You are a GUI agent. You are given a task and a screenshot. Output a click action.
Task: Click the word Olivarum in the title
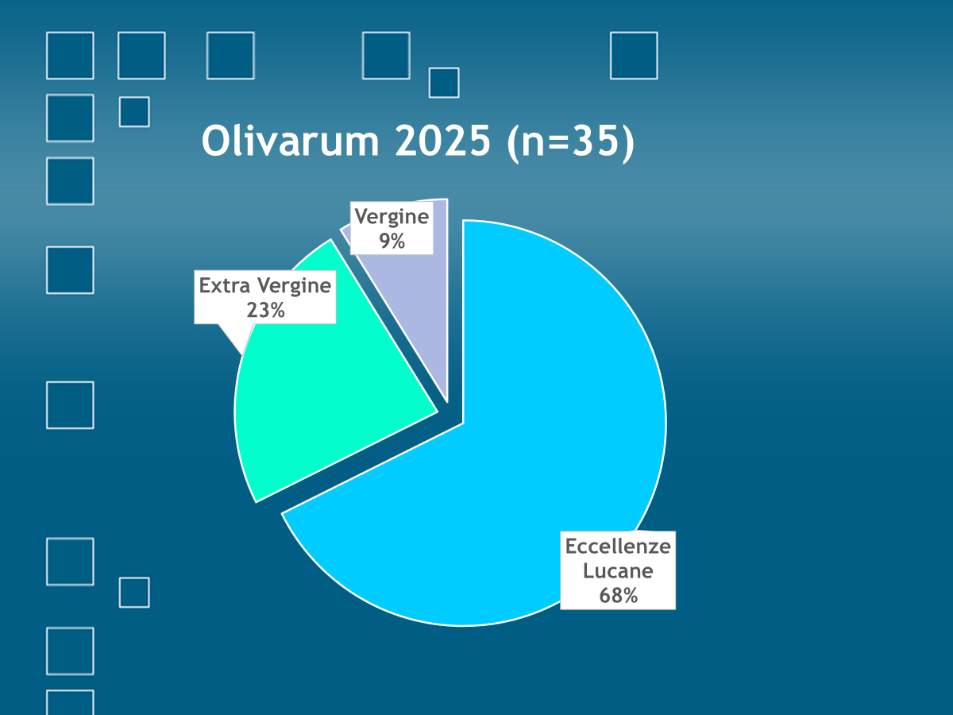tap(291, 141)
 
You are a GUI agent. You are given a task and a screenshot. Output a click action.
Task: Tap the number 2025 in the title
tap(443, 141)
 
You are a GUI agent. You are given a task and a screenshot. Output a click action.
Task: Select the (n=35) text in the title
tap(570, 142)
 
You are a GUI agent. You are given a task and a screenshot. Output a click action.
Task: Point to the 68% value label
tap(618, 595)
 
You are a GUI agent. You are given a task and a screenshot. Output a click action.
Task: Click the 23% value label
tap(266, 310)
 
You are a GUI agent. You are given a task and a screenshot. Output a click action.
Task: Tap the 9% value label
tap(392, 241)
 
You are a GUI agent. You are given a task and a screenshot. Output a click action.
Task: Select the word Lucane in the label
tap(618, 570)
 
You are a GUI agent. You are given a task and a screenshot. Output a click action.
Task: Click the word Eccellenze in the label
tap(618, 546)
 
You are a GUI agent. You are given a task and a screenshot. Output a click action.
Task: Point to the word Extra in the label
tap(225, 286)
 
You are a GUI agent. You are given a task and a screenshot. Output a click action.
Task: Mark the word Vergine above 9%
tap(392, 217)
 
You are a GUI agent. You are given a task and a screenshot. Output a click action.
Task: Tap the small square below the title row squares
tap(444, 83)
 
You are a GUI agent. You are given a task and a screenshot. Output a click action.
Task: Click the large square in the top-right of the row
tap(634, 56)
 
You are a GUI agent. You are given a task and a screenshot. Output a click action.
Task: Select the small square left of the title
tap(134, 112)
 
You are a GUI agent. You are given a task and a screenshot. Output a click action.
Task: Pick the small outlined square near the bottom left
tap(134, 593)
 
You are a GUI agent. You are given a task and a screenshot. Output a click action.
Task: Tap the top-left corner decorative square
tap(70, 56)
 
